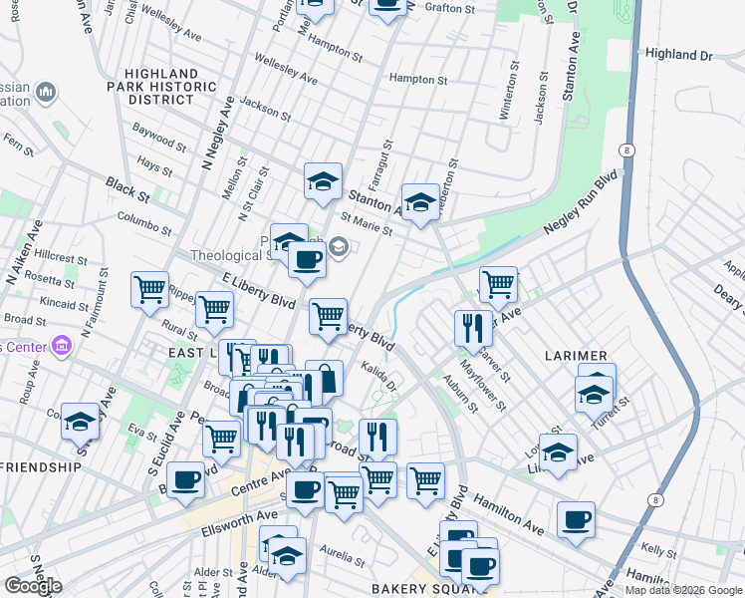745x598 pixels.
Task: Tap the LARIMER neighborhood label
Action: [577, 356]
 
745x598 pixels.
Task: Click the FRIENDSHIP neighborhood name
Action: [41, 466]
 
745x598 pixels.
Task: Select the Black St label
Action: [126, 185]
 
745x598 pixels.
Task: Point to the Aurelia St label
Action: [338, 551]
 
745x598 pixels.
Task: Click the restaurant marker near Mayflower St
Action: [473, 328]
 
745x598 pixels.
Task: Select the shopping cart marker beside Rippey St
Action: [149, 290]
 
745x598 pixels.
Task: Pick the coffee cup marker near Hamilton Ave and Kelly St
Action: [576, 519]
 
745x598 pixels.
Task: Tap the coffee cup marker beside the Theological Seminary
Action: [307, 260]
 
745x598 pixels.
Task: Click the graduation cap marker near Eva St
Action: [80, 423]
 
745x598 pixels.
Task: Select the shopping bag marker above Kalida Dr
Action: [324, 379]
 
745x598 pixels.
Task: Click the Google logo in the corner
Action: [33, 586]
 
